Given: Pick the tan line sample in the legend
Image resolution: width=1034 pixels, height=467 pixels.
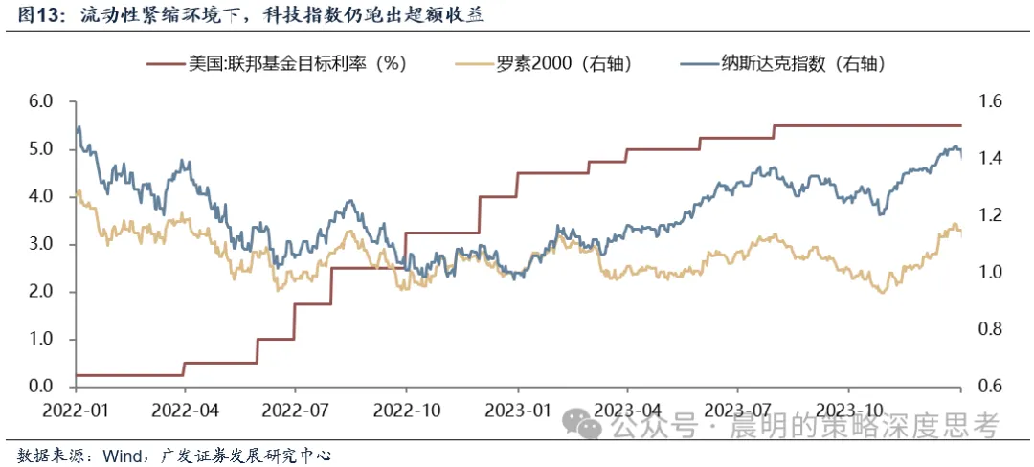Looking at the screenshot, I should point(473,64).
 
